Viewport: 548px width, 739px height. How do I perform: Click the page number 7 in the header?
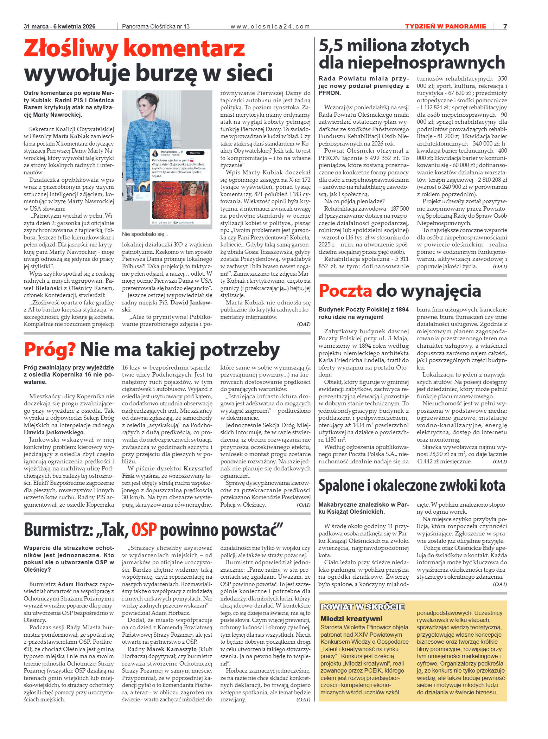pyautogui.click(x=505, y=26)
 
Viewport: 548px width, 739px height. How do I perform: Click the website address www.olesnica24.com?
pyautogui.click(x=270, y=26)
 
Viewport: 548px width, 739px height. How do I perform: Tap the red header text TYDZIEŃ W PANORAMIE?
pyautogui.click(x=445, y=26)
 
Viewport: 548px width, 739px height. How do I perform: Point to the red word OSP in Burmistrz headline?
pyautogui.click(x=144, y=530)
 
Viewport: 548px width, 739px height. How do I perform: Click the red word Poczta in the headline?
pyautogui.click(x=345, y=291)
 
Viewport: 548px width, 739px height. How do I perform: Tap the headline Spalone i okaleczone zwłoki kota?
pyautogui.click(x=412, y=486)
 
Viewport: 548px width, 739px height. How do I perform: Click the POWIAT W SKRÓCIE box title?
pyautogui.click(x=362, y=607)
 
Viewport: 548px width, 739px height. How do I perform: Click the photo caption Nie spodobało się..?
pyautogui.click(x=145, y=234)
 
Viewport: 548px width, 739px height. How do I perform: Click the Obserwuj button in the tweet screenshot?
pyautogui.click(x=195, y=153)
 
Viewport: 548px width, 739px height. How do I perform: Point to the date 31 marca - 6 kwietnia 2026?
pyautogui.click(x=59, y=26)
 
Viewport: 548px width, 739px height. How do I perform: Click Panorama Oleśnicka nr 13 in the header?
pyautogui.click(x=155, y=26)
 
